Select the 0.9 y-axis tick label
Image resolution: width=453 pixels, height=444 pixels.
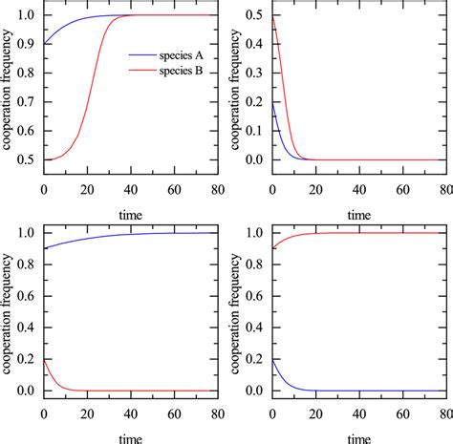(28, 44)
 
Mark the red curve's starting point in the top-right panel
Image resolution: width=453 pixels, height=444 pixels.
(273, 16)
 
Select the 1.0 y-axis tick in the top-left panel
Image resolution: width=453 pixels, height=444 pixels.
(28, 15)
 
